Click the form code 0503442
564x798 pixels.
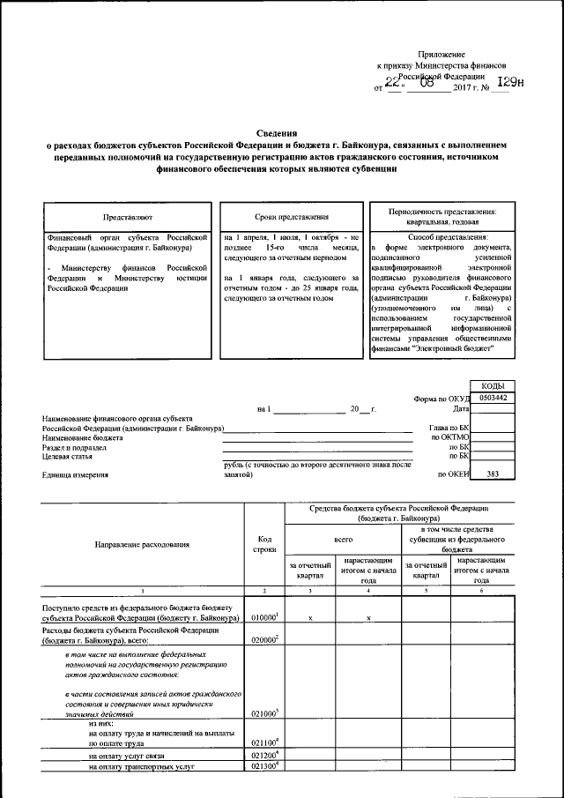tap(492, 399)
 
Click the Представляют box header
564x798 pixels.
tap(127, 216)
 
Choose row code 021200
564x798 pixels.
tap(264, 756)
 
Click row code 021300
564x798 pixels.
tap(264, 767)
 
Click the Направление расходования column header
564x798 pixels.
tap(142, 544)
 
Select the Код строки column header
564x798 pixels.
tap(264, 544)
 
